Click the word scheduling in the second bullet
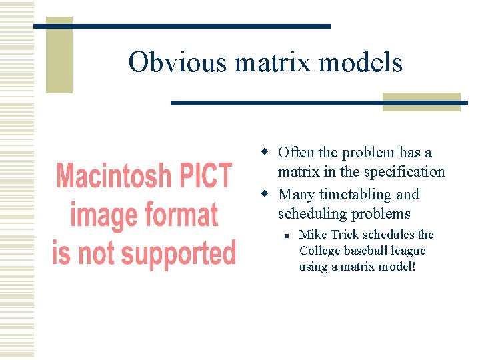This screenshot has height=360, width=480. (x=309, y=214)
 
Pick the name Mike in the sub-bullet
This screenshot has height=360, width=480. (x=311, y=235)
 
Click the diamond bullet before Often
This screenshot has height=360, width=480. (x=265, y=153)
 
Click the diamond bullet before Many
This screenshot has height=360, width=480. (x=265, y=195)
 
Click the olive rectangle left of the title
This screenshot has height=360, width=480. (x=59, y=57)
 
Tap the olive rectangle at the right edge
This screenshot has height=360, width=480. (x=421, y=101)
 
